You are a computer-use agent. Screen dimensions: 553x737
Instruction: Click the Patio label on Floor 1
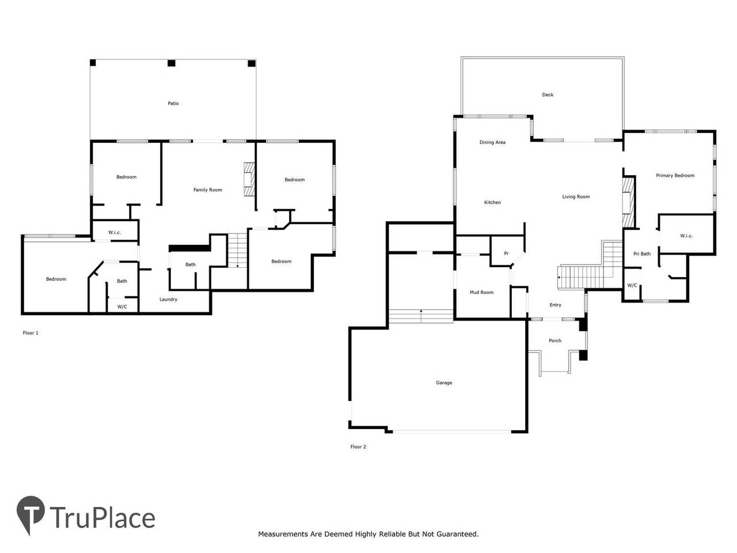(x=173, y=104)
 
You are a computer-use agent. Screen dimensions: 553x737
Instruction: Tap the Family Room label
(x=207, y=190)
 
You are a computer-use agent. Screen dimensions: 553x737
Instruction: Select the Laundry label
(x=168, y=300)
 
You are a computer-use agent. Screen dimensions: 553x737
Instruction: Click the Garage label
(x=444, y=382)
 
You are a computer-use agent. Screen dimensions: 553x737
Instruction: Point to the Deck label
(x=548, y=95)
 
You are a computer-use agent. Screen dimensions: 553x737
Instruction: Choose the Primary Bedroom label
(x=675, y=176)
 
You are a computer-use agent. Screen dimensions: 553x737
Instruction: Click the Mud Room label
(x=481, y=293)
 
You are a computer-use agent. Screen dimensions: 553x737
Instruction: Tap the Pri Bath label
(x=641, y=254)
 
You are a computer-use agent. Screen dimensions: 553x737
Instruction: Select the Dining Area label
(x=492, y=142)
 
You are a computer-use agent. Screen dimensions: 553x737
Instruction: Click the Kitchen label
(x=492, y=203)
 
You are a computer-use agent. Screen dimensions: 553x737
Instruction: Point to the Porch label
(x=554, y=341)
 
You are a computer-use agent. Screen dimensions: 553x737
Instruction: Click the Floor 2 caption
(x=358, y=447)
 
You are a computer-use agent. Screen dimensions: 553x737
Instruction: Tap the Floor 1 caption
(x=30, y=333)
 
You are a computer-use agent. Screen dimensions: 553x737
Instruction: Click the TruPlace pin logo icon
(x=31, y=513)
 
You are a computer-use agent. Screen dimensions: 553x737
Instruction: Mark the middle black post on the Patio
(x=171, y=63)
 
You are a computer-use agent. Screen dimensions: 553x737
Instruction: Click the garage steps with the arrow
(x=420, y=315)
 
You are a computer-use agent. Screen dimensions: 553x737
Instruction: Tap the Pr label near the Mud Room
(x=506, y=253)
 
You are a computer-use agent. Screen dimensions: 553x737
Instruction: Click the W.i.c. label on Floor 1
(x=115, y=233)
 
